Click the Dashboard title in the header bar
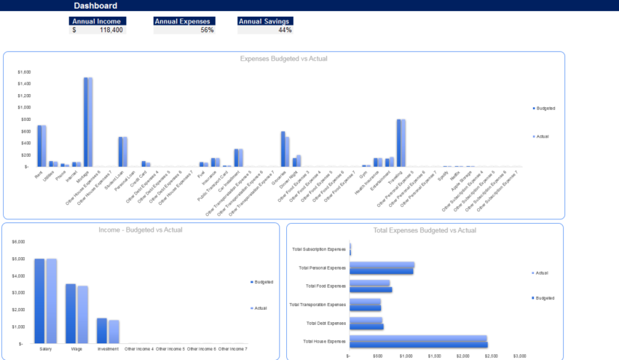95,6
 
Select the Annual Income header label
98,21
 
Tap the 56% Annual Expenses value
207,30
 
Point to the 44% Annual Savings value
285,30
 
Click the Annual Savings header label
265,21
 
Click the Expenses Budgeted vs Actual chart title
284,58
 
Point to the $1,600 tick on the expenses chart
24,72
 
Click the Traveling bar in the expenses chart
401,143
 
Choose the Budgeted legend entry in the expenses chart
545,108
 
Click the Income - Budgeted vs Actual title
141,230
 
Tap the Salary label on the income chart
45,348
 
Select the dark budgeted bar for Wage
71,313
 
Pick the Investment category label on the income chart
108,348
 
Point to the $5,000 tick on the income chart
19,259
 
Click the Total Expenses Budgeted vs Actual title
425,230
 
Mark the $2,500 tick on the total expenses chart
490,356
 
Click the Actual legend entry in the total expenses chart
541,273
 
